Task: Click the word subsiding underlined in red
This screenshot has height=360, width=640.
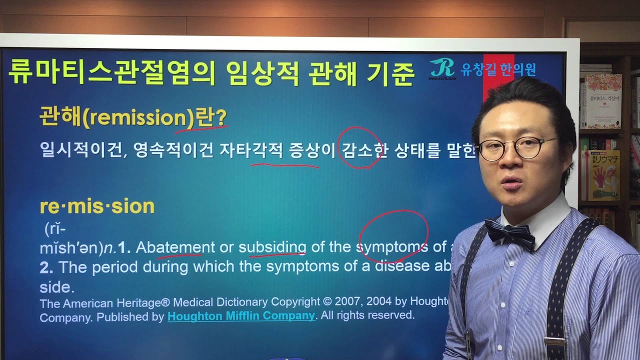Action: point(272,247)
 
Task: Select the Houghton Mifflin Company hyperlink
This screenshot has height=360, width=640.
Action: point(241,316)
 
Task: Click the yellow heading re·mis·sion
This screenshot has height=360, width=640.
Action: point(96,206)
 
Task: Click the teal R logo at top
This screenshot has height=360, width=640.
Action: point(442,68)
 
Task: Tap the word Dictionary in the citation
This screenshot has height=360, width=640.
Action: point(243,302)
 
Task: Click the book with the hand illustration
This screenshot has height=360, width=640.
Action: point(604,175)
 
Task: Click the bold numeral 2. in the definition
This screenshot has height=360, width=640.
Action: point(46,267)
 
